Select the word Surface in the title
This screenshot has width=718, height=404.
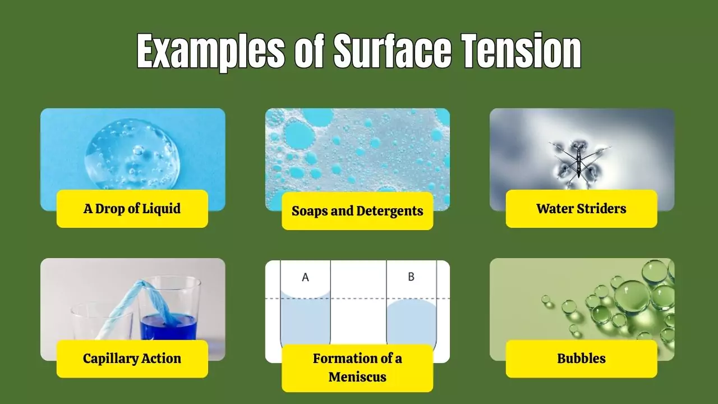pyautogui.click(x=392, y=51)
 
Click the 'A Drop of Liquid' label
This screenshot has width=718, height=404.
pyautogui.click(x=132, y=209)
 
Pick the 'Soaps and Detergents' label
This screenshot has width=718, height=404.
pyautogui.click(x=357, y=211)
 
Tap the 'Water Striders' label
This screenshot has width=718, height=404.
pyautogui.click(x=581, y=209)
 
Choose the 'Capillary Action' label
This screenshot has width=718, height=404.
pyautogui.click(x=132, y=359)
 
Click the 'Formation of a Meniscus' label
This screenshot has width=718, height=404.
pyautogui.click(x=357, y=368)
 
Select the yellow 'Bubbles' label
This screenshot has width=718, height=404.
pyautogui.click(x=581, y=359)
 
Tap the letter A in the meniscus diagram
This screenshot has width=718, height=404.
pyautogui.click(x=305, y=277)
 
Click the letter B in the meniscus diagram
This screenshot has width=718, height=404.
pyautogui.click(x=411, y=277)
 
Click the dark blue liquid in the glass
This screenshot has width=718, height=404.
pyautogui.click(x=168, y=327)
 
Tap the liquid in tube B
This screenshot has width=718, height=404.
pyautogui.click(x=411, y=325)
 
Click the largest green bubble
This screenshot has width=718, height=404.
pyautogui.click(x=632, y=296)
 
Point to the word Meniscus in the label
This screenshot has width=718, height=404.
pyautogui.click(x=357, y=377)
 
